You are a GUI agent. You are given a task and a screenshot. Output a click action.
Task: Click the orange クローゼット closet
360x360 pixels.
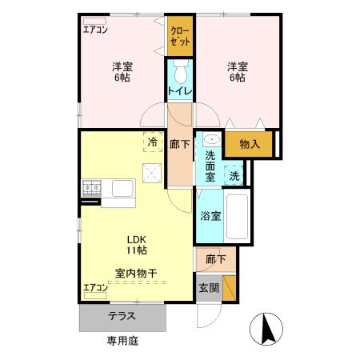click(180, 37)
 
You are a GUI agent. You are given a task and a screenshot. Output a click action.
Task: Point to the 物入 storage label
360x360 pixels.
click(249, 144)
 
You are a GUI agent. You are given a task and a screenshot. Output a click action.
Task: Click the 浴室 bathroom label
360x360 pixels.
click(210, 215)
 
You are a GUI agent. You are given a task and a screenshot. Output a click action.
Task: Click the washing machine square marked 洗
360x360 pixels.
click(235, 175)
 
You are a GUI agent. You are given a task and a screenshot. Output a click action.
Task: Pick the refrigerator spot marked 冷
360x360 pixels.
click(151, 142)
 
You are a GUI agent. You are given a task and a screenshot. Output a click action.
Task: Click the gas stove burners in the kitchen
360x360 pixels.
click(90, 189)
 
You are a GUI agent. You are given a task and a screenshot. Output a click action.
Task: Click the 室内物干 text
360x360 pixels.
click(134, 274)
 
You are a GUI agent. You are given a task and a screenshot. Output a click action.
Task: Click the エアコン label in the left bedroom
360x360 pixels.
click(96, 30)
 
